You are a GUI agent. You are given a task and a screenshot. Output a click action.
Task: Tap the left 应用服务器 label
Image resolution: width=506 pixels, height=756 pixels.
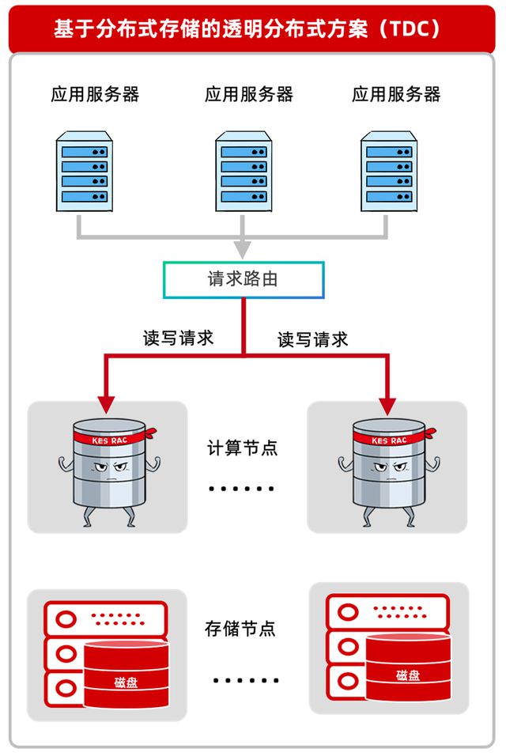coord(95,95)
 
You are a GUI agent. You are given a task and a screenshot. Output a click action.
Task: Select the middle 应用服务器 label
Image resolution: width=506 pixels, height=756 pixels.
coord(249,95)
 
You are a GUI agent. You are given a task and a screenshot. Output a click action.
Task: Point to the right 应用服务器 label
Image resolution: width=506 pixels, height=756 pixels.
coord(396,95)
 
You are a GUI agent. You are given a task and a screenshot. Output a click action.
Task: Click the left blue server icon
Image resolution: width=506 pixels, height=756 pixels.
coord(84,172)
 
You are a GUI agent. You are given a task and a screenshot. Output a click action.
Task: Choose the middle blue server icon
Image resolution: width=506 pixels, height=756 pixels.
coord(244,172)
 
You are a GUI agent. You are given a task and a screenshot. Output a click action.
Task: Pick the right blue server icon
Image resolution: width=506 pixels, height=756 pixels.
coord(388,172)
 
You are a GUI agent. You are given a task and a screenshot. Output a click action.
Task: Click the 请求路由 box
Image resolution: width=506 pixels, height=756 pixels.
coord(243,280)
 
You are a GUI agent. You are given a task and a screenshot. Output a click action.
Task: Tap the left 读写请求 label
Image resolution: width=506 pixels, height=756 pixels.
coord(178,338)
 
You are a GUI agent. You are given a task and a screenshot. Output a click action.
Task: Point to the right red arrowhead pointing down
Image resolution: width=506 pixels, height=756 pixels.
coord(387,403)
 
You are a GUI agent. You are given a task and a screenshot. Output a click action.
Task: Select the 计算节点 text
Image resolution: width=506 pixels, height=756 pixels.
coord(243,448)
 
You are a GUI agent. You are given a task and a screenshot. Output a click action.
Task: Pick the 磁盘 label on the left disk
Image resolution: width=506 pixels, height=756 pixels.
coord(125,682)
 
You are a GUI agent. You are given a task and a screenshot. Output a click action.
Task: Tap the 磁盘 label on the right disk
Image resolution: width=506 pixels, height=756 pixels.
coord(408,675)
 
